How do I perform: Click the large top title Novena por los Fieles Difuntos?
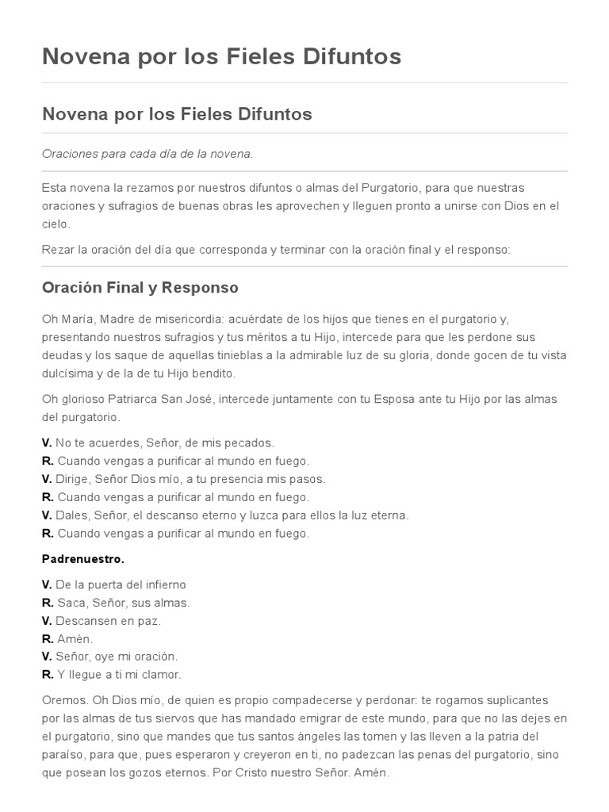point(221,56)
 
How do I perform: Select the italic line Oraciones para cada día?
point(147,154)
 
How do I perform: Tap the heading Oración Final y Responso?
point(140,287)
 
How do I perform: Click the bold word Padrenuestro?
point(82,559)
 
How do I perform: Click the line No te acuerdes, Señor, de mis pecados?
point(164,442)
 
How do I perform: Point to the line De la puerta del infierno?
point(121,584)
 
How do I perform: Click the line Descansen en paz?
point(108,621)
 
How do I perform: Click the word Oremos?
point(66,700)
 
